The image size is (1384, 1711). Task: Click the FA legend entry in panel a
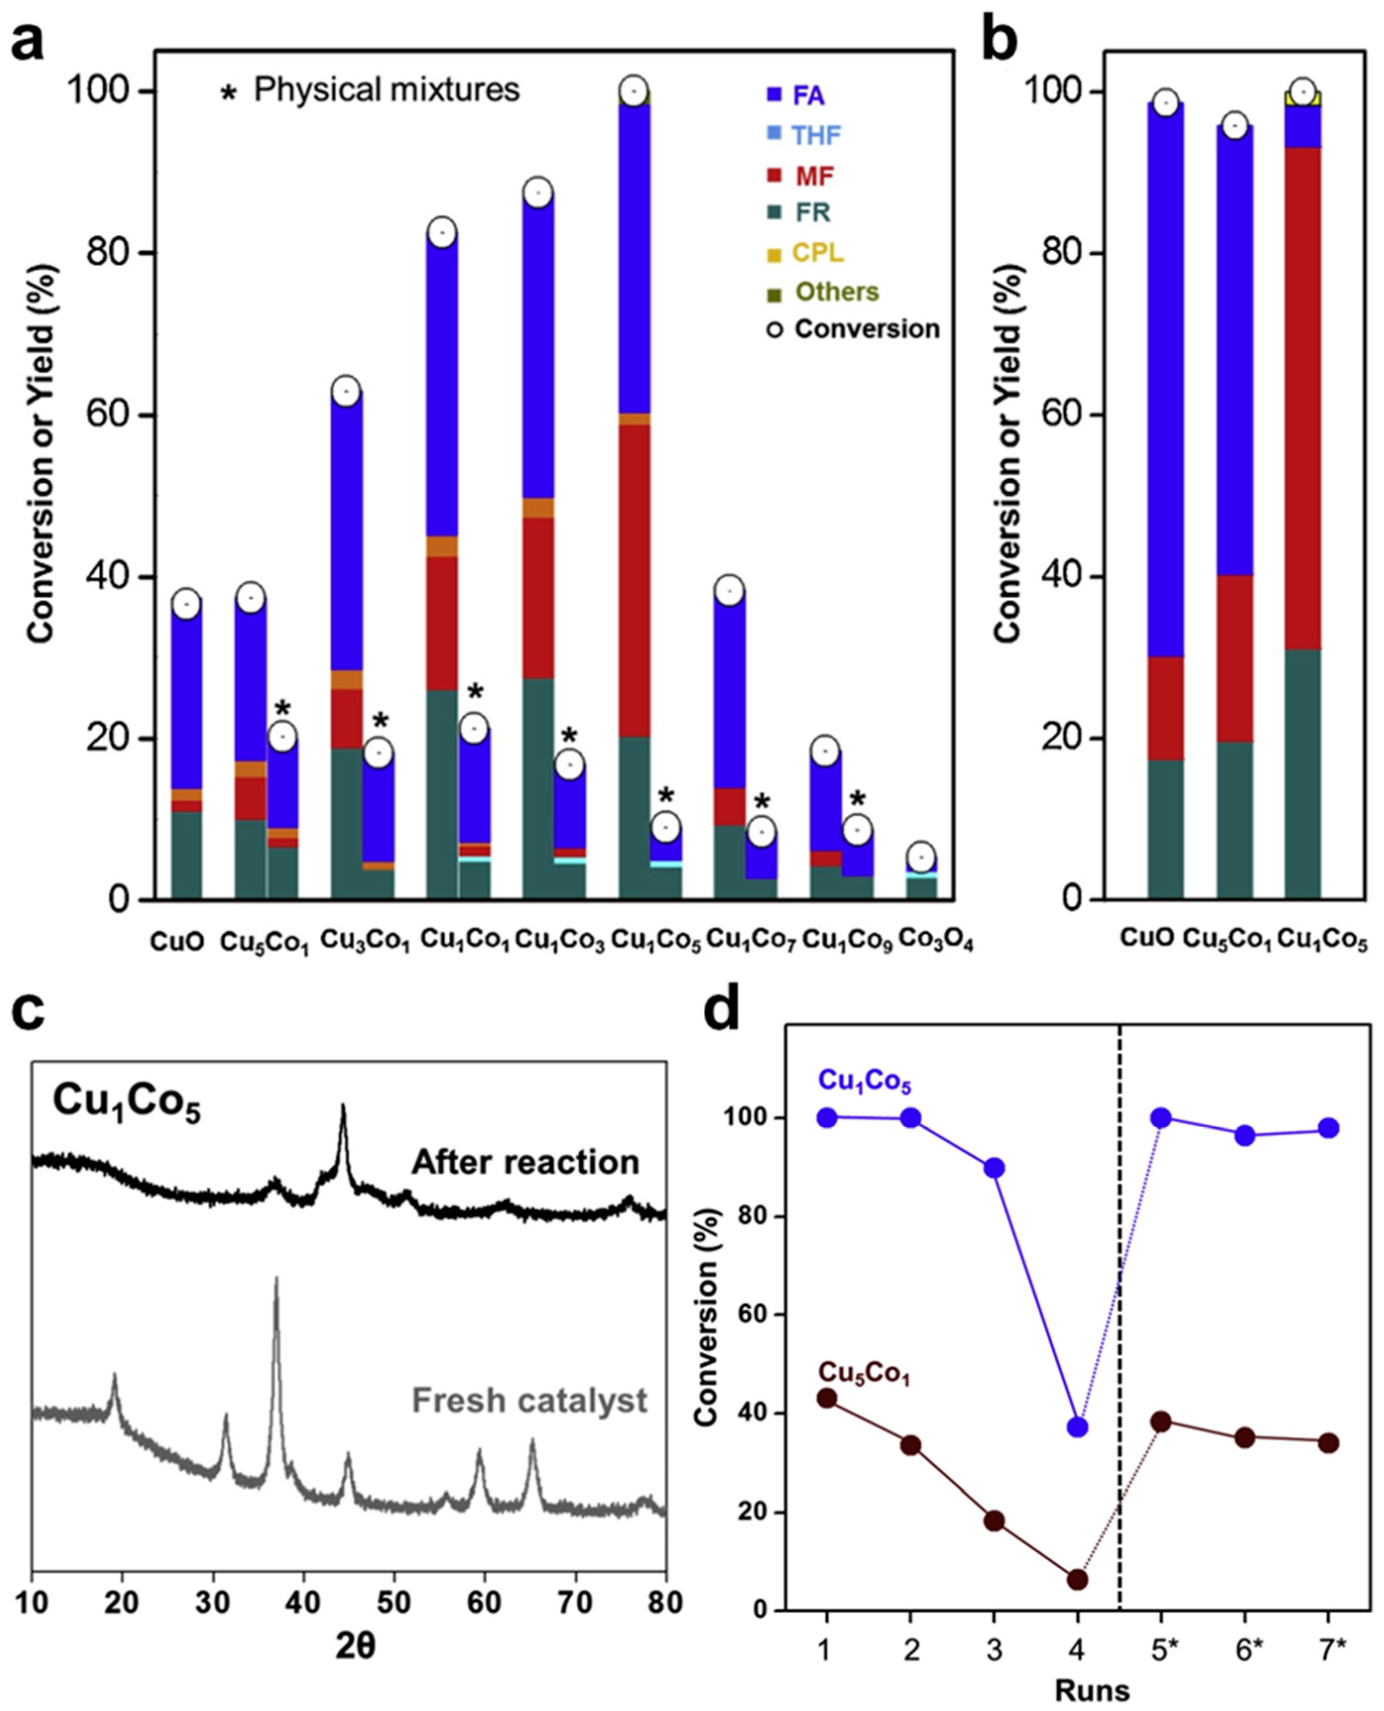point(807,96)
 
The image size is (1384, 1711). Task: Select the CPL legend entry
point(816,253)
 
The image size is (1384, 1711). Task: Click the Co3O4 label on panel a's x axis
point(936,941)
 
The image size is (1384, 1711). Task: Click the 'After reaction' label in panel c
point(525,1163)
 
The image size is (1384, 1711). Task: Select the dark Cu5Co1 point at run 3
point(993,1521)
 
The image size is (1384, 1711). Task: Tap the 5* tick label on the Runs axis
point(1161,1650)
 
